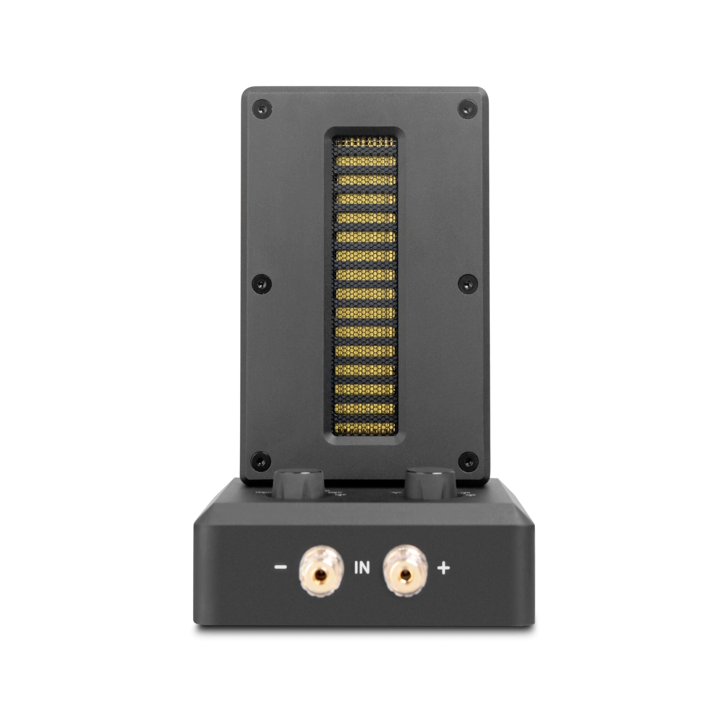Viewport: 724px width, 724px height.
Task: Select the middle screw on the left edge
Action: click(x=259, y=283)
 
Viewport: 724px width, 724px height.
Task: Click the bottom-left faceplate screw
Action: click(x=259, y=457)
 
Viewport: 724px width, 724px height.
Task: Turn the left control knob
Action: click(x=299, y=480)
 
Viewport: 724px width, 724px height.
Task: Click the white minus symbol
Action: click(x=281, y=568)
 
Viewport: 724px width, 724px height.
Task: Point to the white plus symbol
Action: click(x=443, y=568)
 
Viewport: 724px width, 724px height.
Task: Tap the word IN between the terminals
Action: click(x=362, y=568)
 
